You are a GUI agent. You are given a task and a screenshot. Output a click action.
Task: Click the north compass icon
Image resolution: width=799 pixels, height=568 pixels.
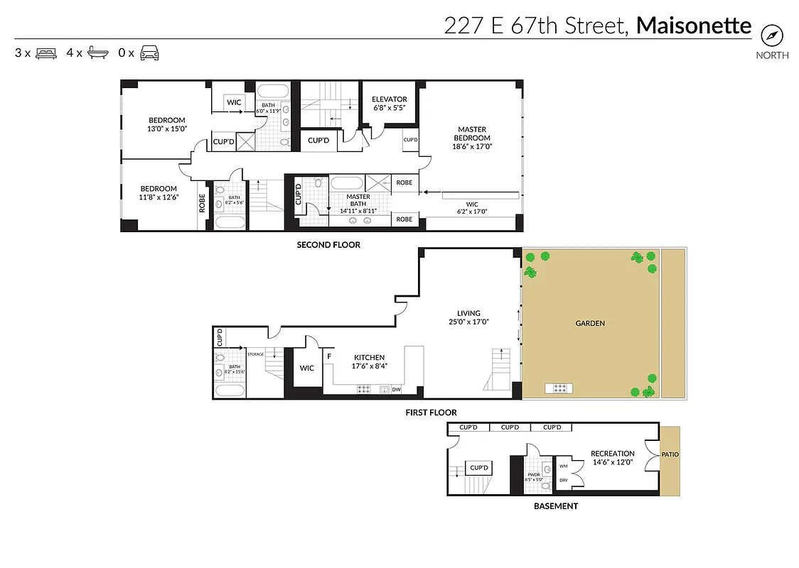tap(771, 35)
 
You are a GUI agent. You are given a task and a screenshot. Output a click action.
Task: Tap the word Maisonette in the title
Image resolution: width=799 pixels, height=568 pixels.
tap(693, 26)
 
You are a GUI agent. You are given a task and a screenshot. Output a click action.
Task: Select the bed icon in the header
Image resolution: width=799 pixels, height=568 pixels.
tap(45, 53)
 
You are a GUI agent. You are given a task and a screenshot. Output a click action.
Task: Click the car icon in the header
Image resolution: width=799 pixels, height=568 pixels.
tap(149, 53)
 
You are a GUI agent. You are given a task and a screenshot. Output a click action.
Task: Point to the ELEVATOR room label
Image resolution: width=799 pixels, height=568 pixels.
tap(389, 99)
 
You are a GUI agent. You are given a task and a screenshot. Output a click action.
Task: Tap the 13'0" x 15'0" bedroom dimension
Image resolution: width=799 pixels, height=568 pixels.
tap(166, 129)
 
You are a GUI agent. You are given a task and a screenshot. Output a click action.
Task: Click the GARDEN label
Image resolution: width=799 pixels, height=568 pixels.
tap(590, 323)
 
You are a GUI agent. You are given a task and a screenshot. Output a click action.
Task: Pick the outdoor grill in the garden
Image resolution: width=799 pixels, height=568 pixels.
tap(560, 388)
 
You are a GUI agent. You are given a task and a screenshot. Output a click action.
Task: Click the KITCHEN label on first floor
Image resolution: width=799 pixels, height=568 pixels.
tap(369, 358)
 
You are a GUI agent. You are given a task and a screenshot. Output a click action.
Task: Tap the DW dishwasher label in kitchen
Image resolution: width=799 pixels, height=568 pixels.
tap(396, 389)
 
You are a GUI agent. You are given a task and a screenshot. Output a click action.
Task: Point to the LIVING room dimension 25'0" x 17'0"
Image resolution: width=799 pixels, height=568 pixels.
tap(468, 322)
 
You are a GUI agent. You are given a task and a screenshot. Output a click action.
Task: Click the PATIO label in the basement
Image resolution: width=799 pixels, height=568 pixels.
tap(670, 454)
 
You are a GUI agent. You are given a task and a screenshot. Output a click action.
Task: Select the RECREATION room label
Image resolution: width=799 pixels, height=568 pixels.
tap(612, 454)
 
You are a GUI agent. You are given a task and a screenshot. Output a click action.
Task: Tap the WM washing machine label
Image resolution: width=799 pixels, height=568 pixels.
tap(563, 466)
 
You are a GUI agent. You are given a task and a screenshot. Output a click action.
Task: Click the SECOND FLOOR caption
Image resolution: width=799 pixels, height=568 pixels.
tap(328, 245)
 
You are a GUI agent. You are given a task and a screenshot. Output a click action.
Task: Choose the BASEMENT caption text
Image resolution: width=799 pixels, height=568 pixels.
tap(555, 506)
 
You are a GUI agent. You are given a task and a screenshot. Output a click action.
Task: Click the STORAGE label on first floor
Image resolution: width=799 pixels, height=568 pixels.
tap(255, 354)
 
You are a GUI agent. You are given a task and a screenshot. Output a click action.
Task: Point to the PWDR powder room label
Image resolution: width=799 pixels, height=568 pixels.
tap(534, 474)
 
